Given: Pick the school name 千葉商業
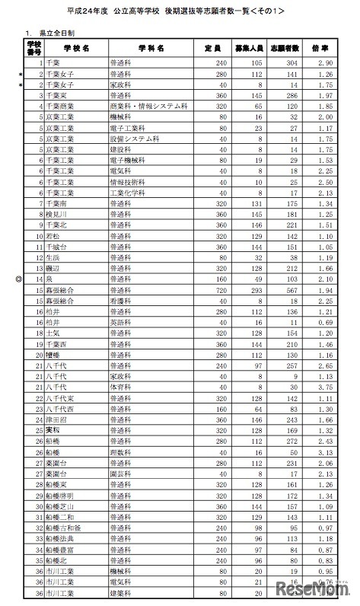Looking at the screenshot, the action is tap(59, 108).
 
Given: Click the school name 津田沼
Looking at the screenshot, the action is tap(56, 419).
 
